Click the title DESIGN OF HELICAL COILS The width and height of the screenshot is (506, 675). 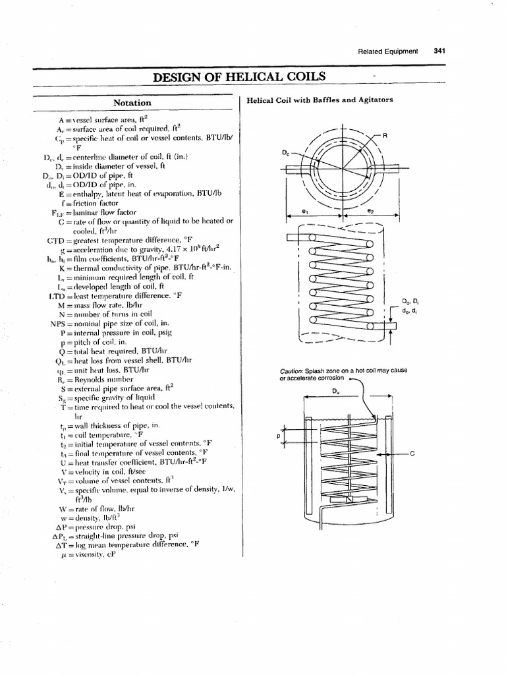239,76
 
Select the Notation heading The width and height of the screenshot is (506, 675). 132,103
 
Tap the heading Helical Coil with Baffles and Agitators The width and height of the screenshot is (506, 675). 320,100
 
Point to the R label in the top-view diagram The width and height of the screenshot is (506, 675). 385,136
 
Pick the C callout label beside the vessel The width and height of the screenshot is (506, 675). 412,454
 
